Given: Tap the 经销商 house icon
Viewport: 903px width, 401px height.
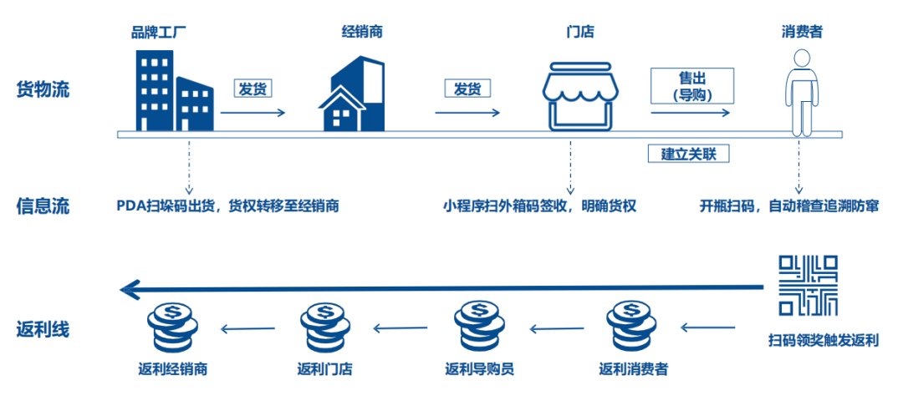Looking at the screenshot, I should [352, 94].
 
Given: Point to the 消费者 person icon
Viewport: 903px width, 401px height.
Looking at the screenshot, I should [800, 92].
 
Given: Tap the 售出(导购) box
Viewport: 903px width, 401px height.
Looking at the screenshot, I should [691, 85].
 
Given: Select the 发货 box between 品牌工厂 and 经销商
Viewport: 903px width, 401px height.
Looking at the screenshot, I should [253, 89].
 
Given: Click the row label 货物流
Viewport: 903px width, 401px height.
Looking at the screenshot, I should [43, 89].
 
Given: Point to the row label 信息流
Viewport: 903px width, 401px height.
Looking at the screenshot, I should [43, 205].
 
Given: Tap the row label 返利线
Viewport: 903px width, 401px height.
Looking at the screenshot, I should [43, 328].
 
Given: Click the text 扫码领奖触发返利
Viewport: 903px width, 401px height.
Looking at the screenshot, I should [823, 340].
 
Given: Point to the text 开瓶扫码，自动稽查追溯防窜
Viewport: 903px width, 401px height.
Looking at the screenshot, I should [789, 206].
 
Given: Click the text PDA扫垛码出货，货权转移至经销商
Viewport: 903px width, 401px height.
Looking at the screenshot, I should [227, 206].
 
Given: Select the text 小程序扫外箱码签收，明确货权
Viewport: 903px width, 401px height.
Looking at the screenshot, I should [540, 206].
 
